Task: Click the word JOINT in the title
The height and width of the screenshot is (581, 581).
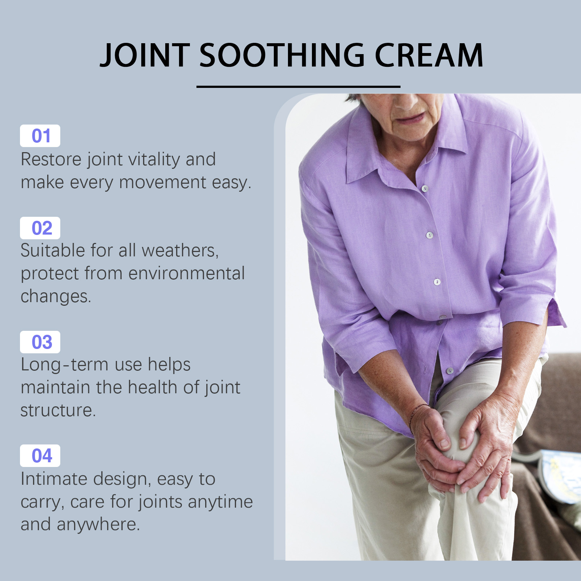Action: [145, 55]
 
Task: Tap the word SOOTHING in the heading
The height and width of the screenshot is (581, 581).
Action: [282, 55]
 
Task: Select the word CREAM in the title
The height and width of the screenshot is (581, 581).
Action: [429, 55]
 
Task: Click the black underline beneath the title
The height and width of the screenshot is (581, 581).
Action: [298, 87]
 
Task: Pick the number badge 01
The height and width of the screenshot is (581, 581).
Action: [40, 136]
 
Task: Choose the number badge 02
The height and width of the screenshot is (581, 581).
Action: [40, 228]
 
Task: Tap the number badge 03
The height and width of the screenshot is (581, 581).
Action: [40, 342]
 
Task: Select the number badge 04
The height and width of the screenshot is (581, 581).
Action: [40, 456]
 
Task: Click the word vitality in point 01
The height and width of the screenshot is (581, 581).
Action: [154, 160]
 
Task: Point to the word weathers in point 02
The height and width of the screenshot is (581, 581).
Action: [180, 251]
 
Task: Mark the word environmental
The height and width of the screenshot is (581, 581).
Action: [187, 273]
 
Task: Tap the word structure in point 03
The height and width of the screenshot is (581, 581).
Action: [58, 411]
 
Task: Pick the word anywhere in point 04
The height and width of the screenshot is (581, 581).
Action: [98, 524]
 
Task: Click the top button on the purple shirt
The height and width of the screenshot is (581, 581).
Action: [425, 188]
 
